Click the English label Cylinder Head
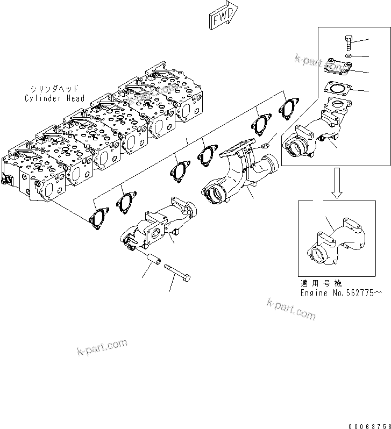[54, 98]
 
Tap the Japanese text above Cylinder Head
[54, 89]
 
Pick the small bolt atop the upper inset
[347, 42]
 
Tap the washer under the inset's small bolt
[349, 55]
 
